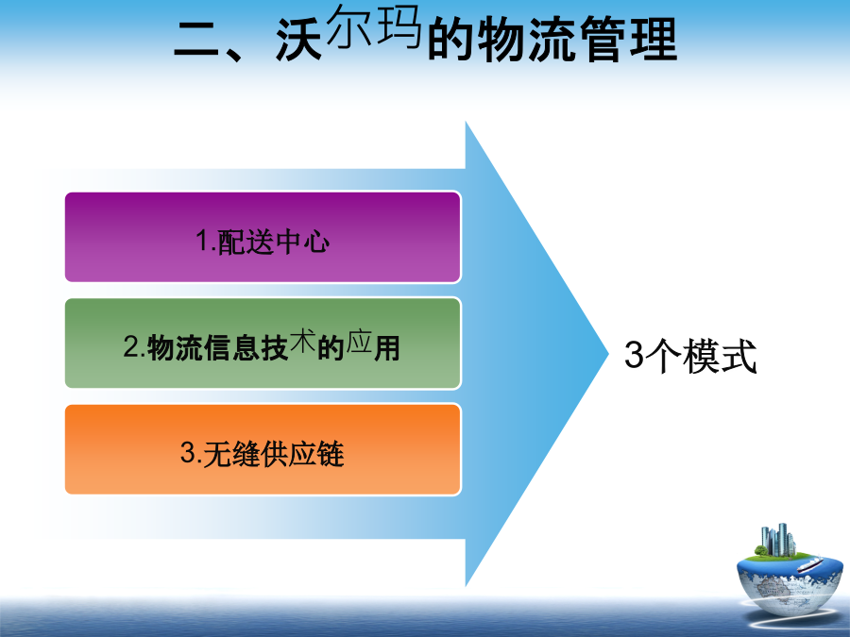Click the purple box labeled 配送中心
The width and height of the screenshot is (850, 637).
pos(263,237)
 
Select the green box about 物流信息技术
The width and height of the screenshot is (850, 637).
pos(263,343)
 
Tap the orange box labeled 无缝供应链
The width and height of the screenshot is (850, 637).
pos(263,449)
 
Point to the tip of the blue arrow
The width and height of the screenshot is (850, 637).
pos(609,354)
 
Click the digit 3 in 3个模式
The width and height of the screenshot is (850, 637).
pos(634,355)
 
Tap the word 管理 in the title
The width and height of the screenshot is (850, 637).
pos(629,39)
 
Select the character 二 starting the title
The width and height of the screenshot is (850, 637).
pos(196,40)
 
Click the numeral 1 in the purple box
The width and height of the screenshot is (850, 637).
pos(203,240)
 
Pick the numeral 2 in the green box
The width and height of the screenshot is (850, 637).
pos(131,346)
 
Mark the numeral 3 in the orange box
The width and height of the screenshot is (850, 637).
pos(188,452)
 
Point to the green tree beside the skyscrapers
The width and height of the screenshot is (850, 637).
pos(761,551)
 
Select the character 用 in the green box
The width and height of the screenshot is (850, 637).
pos(386,347)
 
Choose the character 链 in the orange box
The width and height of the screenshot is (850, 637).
pos(331,454)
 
